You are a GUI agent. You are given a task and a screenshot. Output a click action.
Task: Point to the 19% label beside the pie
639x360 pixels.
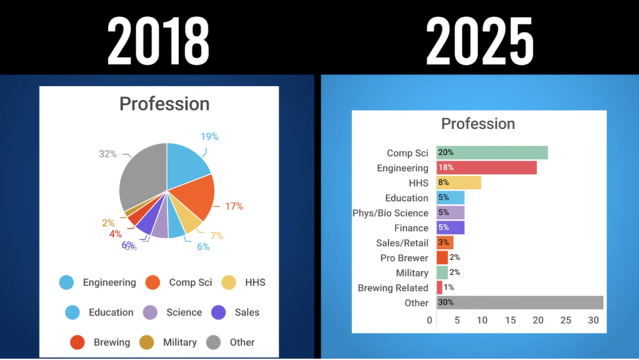tap(209, 137)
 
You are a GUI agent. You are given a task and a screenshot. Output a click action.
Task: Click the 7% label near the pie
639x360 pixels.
tap(217, 235)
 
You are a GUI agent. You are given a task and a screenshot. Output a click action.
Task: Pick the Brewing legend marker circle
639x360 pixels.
tap(77, 342)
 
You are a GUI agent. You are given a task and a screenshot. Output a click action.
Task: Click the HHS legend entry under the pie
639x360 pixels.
tap(254, 282)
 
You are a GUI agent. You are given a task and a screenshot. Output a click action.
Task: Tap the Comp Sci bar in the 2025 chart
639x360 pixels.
tap(492, 152)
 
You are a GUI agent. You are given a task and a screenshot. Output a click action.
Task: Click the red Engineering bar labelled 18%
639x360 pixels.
tap(486, 167)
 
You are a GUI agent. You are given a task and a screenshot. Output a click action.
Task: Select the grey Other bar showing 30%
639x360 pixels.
tap(520, 303)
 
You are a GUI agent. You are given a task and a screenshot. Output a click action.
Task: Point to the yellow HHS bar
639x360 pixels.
tap(459, 182)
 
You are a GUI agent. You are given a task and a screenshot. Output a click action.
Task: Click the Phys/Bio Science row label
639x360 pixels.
tap(390, 213)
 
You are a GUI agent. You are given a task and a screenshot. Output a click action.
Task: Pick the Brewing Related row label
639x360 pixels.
tap(393, 288)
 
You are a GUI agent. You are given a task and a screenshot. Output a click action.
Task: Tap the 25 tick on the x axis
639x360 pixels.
tap(565, 320)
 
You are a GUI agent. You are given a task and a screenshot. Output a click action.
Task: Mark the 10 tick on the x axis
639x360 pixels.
tap(482, 320)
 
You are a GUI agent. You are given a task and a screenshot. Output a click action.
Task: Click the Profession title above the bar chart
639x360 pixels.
tap(478, 124)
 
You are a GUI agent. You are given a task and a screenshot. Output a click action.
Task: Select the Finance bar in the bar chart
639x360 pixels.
tap(451, 228)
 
